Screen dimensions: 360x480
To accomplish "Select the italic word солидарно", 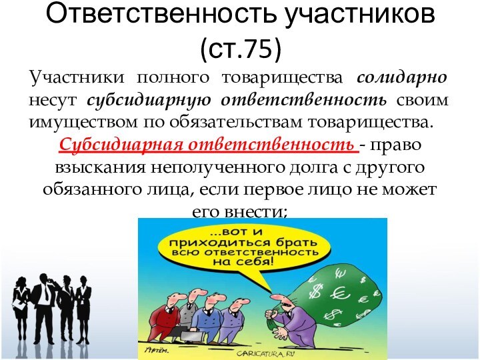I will pos(402,78).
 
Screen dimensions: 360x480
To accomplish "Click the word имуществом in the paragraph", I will pos(70,123).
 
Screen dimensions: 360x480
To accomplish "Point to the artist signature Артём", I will pos(157,349).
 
